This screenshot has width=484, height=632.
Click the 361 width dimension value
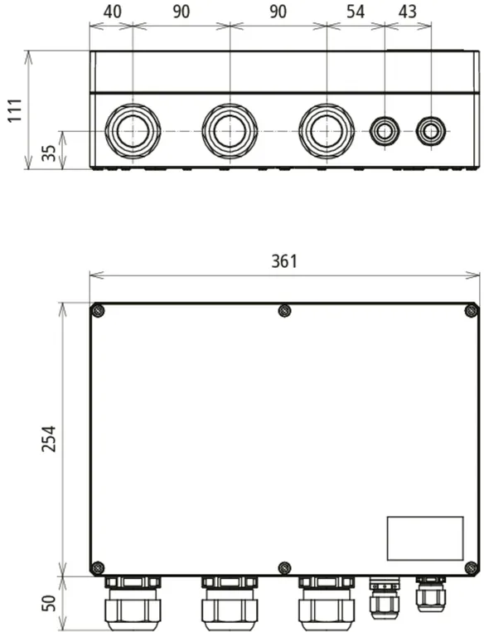(284, 261)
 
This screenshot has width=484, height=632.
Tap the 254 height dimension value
(50, 438)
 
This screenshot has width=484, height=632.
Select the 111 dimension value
(15, 110)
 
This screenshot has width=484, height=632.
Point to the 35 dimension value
(50, 153)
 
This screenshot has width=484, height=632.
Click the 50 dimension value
(50, 603)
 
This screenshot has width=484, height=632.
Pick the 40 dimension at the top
(112, 12)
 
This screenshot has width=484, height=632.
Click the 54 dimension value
(356, 12)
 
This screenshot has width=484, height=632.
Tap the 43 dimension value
(407, 12)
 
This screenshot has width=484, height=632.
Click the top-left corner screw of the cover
(99, 311)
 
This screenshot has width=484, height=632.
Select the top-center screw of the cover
(285, 311)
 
